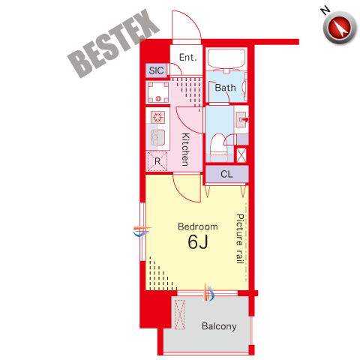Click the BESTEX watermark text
pyautogui.click(x=114, y=43)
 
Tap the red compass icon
pyautogui.click(x=340, y=27)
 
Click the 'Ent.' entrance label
pyautogui.click(x=188, y=58)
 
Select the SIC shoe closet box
pyautogui.click(x=156, y=70)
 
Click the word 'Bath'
pyautogui.click(x=225, y=88)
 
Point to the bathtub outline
pyautogui.click(x=226, y=58)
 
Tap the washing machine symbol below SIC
pyautogui.click(x=158, y=92)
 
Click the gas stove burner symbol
pyautogui.click(x=157, y=117)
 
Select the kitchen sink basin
pyautogui.click(x=157, y=137)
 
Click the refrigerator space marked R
pyautogui.click(x=157, y=161)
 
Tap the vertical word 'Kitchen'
pyautogui.click(x=185, y=149)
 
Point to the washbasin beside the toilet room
pyautogui.click(x=241, y=119)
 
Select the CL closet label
pyautogui.click(x=226, y=174)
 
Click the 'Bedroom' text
pyautogui.click(x=198, y=226)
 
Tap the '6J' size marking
pyautogui.click(x=198, y=241)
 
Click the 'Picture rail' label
pyautogui.click(x=240, y=238)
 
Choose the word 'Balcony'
pyautogui.click(x=219, y=326)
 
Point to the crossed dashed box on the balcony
pyautogui.click(x=179, y=315)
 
